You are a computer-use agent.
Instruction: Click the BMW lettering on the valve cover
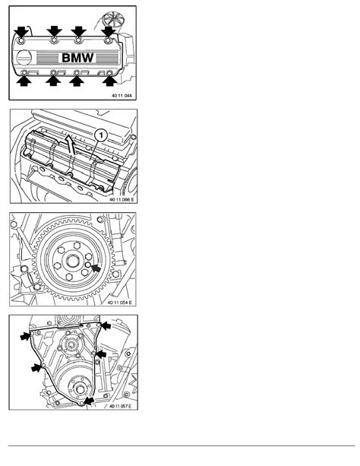click(x=77, y=58)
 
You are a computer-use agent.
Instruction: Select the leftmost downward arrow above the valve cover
click(x=21, y=31)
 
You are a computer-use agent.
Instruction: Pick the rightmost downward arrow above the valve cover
click(x=109, y=31)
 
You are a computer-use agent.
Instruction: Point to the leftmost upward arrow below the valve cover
click(x=24, y=81)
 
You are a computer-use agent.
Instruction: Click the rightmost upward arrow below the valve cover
click(x=109, y=81)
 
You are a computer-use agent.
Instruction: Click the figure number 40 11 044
click(x=122, y=96)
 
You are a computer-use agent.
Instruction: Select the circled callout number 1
click(x=101, y=136)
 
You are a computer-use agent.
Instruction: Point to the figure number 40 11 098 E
click(x=122, y=199)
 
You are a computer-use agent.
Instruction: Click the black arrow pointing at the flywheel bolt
click(x=96, y=268)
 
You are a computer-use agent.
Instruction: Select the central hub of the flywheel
click(x=72, y=262)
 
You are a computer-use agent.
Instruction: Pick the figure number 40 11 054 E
click(x=119, y=303)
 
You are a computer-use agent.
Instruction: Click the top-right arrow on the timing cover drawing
click(x=106, y=326)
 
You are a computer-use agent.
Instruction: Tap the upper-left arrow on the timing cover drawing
click(x=26, y=336)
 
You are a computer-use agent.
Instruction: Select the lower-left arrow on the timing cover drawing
click(x=36, y=368)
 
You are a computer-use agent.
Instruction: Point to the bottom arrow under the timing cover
click(x=89, y=401)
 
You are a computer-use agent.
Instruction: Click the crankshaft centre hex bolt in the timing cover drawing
click(x=81, y=388)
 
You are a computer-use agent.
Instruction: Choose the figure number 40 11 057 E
click(x=120, y=406)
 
